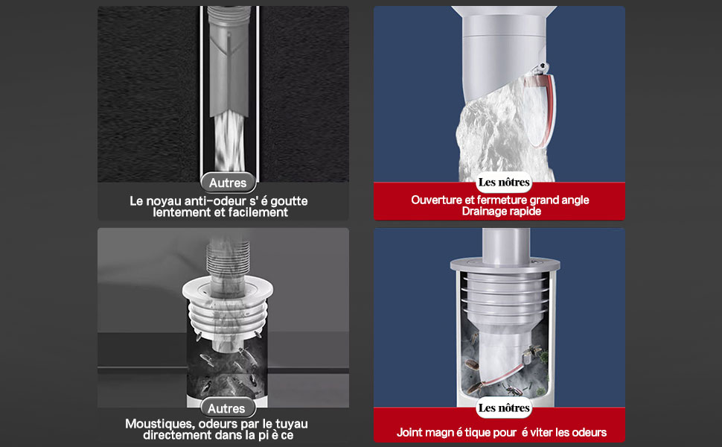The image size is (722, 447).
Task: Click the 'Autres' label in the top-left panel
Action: point(228,183)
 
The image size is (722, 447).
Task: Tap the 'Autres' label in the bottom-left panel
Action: point(226,408)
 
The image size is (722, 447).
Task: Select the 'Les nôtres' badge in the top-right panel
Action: point(504,183)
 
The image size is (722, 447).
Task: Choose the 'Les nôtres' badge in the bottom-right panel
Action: point(504,408)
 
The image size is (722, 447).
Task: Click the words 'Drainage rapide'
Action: point(502,211)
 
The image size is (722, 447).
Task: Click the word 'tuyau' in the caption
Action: point(292,424)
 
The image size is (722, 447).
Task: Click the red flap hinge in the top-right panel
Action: point(541,69)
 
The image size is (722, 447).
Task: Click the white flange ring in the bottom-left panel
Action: point(228,289)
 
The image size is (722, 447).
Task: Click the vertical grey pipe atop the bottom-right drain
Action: point(505,247)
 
